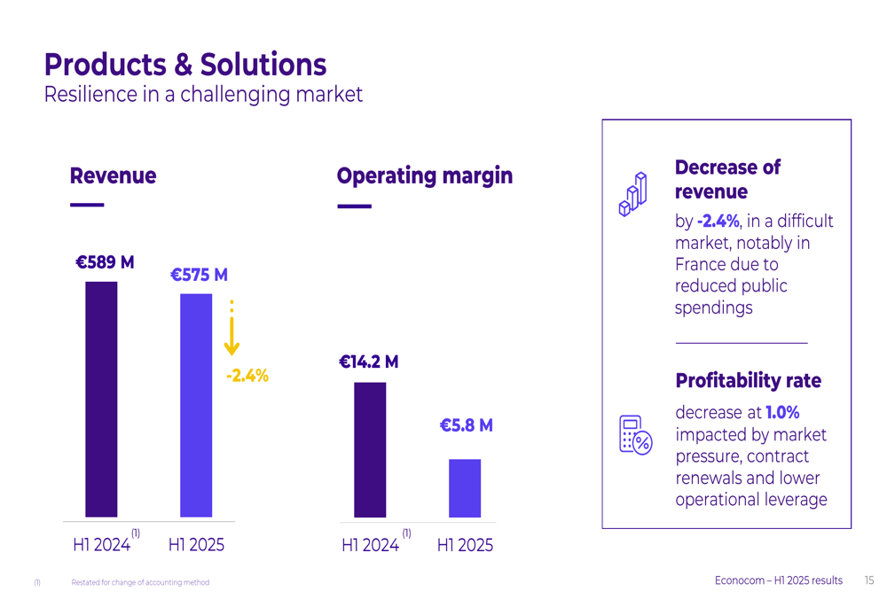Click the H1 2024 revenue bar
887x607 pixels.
(x=101, y=399)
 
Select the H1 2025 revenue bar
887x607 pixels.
(x=196, y=405)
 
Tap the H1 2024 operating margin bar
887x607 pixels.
(x=370, y=449)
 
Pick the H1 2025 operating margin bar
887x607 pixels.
(x=465, y=487)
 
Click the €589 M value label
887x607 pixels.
(x=105, y=262)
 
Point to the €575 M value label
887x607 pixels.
(x=199, y=275)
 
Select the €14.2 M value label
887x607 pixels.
(x=368, y=362)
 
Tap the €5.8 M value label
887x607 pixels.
(x=466, y=425)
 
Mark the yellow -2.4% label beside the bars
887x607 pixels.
(x=247, y=376)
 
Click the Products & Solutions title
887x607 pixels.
(x=185, y=65)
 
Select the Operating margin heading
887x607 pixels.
(x=424, y=175)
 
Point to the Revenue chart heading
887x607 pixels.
(x=113, y=175)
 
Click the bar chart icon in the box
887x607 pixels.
(x=632, y=194)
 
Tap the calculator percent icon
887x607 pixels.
(x=635, y=434)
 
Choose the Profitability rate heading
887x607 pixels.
(x=748, y=381)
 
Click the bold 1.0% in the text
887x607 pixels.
(x=782, y=412)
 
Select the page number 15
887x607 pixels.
(x=868, y=580)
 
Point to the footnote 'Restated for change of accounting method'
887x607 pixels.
(x=140, y=582)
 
